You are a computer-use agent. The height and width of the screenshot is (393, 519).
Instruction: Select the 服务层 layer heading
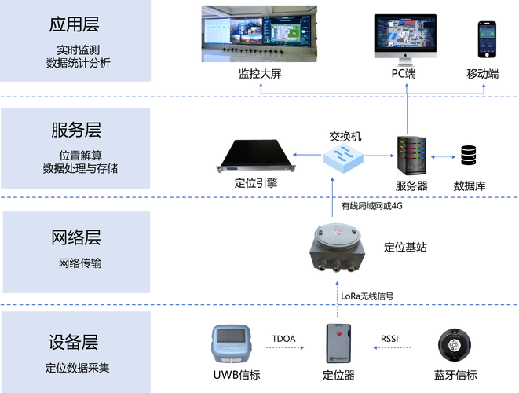[x=75, y=130]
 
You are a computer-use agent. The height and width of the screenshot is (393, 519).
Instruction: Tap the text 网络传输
[x=80, y=263]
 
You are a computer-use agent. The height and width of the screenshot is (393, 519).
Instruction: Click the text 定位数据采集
[x=78, y=367]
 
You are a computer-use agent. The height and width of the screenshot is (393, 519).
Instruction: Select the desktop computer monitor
[x=405, y=35]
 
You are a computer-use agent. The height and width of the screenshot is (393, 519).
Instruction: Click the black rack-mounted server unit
[x=258, y=156]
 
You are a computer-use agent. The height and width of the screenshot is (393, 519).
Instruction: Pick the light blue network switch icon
[x=342, y=156]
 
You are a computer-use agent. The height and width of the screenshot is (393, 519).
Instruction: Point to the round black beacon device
[x=453, y=344]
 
